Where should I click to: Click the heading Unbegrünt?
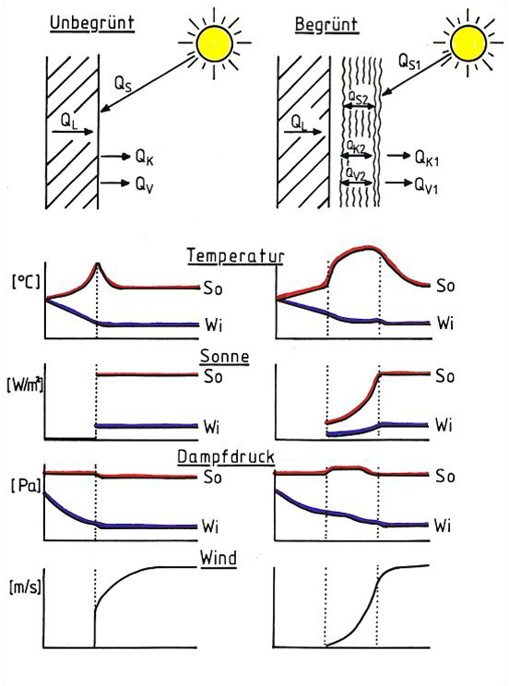92,23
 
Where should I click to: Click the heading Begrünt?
326,25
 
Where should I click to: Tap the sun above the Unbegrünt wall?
215,42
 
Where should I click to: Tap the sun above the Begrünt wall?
468,42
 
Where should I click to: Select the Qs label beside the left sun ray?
123,83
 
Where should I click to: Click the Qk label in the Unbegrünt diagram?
145,158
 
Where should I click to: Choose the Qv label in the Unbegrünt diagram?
145,184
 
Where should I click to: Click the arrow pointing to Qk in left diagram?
115,156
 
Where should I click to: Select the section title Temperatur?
235,256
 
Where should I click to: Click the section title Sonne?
224,357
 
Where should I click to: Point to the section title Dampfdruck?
226,457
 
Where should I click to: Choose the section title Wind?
218,558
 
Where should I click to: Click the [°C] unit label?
26,281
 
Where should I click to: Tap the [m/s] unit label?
25,587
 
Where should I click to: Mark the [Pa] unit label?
26,486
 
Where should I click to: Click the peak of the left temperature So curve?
98,264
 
